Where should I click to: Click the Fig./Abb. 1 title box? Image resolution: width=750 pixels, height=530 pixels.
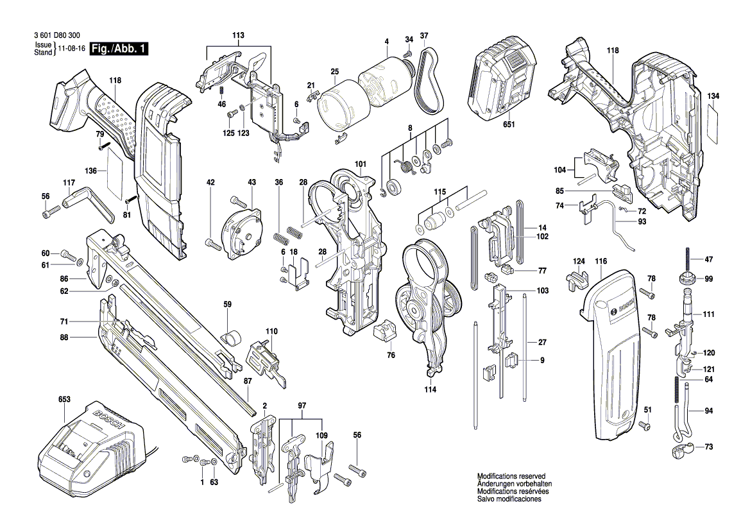(119, 49)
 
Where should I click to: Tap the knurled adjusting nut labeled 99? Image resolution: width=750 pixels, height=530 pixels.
(687, 280)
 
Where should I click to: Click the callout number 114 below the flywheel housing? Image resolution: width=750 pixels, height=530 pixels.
(429, 389)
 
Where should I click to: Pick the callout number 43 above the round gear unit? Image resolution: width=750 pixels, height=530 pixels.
(251, 183)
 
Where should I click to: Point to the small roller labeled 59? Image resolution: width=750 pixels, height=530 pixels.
(229, 336)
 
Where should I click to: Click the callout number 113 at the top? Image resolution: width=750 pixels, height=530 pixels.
(239, 35)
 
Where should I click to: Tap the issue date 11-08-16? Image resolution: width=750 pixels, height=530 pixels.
(71, 49)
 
